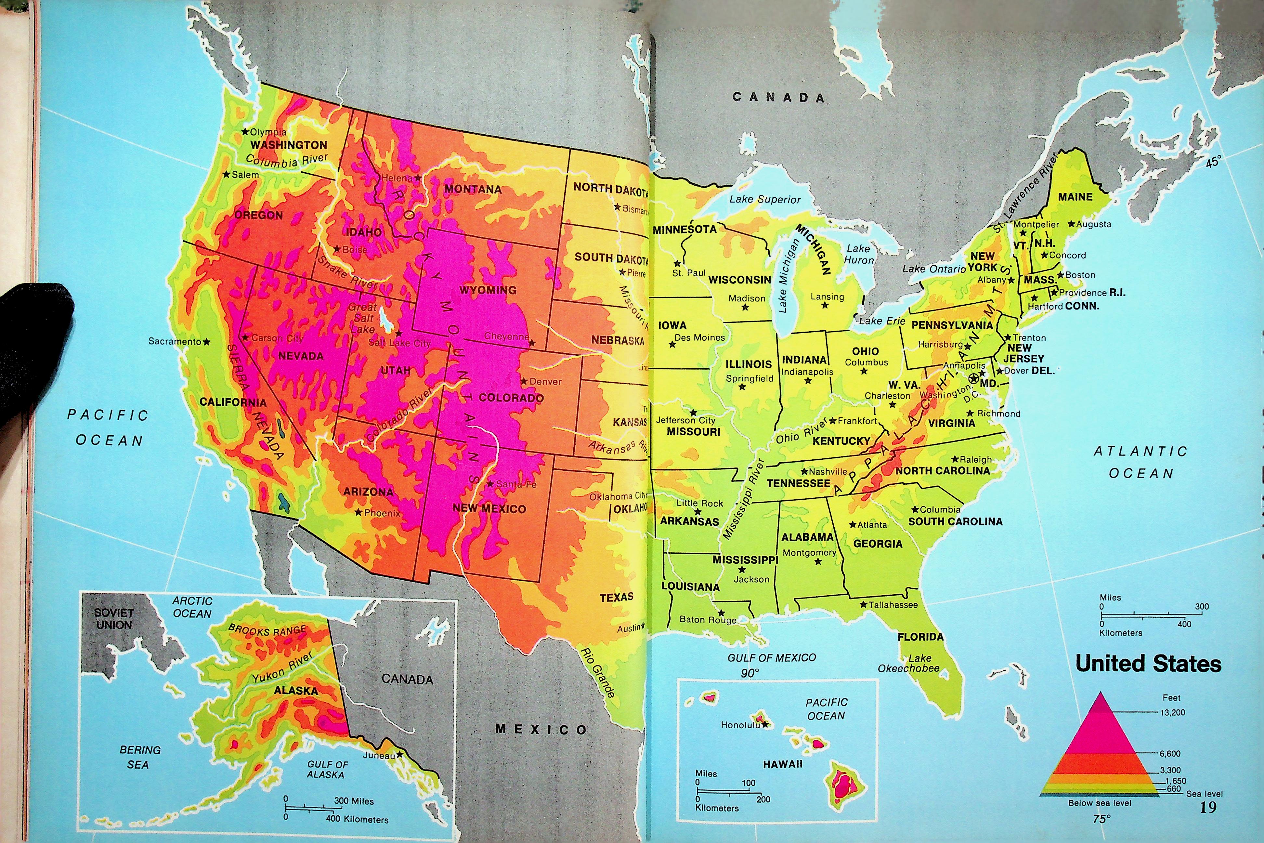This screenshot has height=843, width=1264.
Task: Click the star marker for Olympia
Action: pos(245,132)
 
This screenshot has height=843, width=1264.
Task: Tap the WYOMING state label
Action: pos(488,290)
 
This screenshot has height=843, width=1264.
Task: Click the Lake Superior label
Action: pos(765,200)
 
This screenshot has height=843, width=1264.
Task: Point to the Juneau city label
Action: pos(378,755)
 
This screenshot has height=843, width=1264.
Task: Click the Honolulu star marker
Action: pos(765,724)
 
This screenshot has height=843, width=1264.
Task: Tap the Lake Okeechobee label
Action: pos(909,664)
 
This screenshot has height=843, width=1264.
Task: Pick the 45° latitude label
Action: pos(1213,161)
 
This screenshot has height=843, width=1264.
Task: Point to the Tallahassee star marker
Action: pos(864,604)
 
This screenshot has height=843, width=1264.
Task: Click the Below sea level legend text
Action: pos(1100,803)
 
